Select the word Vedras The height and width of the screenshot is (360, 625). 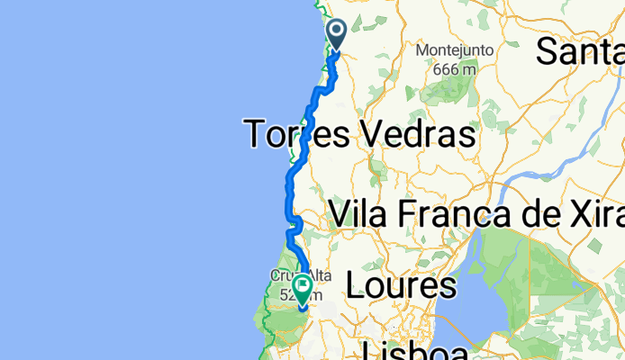pos(416,135)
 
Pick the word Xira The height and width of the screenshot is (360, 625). pos(606,214)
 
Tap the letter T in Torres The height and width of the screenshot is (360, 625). pos(257,135)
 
